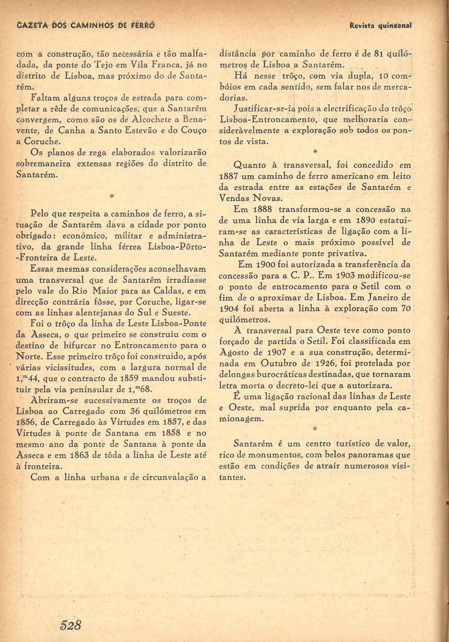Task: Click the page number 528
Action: coord(71,624)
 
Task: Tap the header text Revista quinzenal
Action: coord(381,26)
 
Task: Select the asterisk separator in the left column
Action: coord(111,196)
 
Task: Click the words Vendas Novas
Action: coord(251,198)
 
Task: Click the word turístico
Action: coord(354,444)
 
